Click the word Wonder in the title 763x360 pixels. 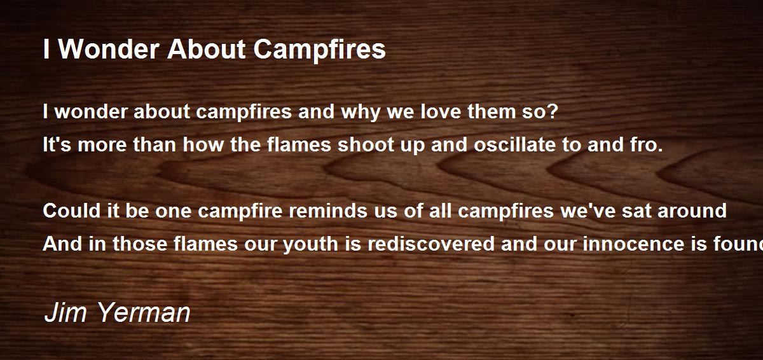click(109, 50)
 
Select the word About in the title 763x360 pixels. click(206, 50)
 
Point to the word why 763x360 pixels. click(361, 113)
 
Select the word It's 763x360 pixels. click(57, 144)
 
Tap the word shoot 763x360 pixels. click(366, 144)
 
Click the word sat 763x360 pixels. click(636, 211)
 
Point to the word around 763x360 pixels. click(692, 211)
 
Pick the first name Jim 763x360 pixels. click(65, 312)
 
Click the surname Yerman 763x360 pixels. click(144, 312)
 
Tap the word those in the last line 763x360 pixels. click(140, 244)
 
